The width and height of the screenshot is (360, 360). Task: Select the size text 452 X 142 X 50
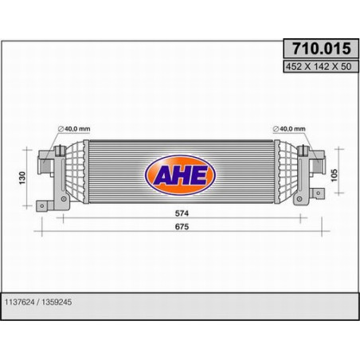click(316, 67)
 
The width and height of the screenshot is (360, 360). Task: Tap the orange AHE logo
click(178, 173)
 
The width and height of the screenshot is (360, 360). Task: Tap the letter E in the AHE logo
click(198, 173)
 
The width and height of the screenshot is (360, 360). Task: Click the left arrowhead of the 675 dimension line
click(43, 233)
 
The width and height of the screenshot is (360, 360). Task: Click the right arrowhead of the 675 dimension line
click(319, 233)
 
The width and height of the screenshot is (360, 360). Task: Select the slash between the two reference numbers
click(40, 301)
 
